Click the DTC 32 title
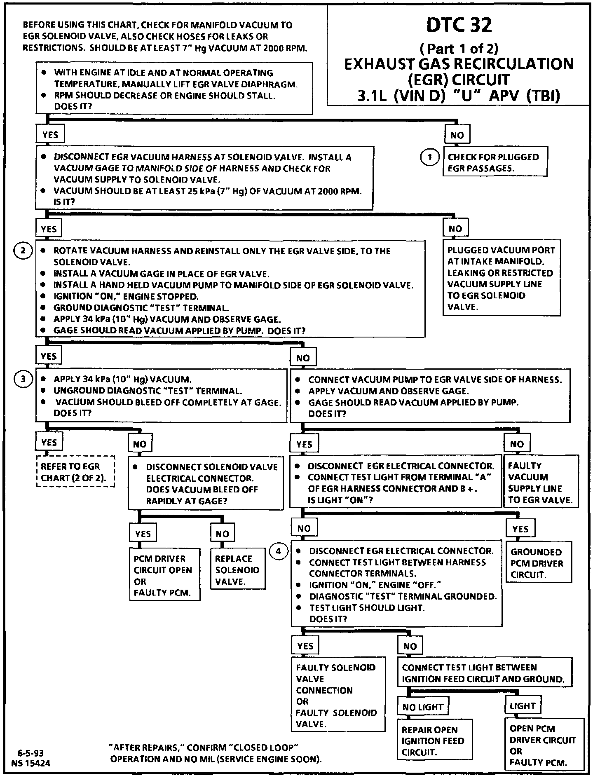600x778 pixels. pyautogui.click(x=459, y=25)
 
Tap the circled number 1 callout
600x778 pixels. pyautogui.click(x=429, y=157)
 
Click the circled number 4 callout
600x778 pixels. pyautogui.click(x=279, y=551)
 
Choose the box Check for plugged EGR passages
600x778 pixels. pyautogui.click(x=495, y=163)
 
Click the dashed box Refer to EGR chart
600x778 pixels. pyautogui.click(x=75, y=472)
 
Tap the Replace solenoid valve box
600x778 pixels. pyautogui.click(x=237, y=570)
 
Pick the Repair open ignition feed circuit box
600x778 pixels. pyautogui.click(x=434, y=741)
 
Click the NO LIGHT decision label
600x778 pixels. pyautogui.click(x=423, y=707)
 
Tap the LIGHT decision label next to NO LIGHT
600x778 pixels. pyautogui.click(x=522, y=706)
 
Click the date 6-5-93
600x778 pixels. pyautogui.click(x=30, y=754)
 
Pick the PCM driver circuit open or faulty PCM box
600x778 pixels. pyautogui.click(x=164, y=576)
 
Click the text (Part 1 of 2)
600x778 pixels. pyautogui.click(x=459, y=49)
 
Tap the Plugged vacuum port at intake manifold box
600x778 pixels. pyautogui.click(x=502, y=278)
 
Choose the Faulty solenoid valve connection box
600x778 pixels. pyautogui.click(x=337, y=696)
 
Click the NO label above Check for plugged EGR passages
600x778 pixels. pyautogui.click(x=457, y=135)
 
